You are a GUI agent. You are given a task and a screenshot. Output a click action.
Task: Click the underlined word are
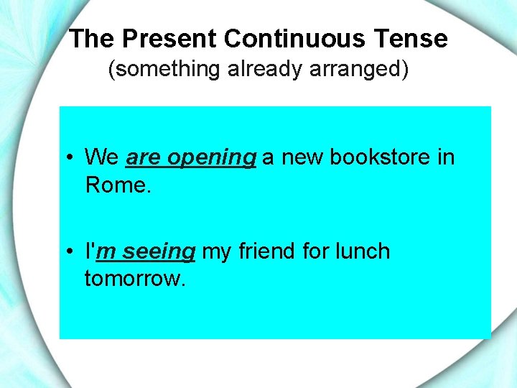click(143, 157)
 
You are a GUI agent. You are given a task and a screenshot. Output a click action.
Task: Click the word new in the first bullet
click(302, 157)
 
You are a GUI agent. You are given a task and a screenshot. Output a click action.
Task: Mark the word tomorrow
click(135, 278)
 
